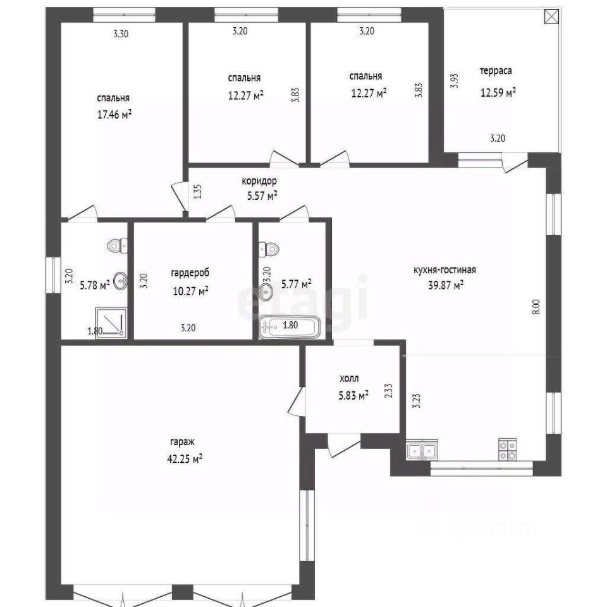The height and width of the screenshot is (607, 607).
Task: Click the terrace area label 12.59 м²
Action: point(498,92)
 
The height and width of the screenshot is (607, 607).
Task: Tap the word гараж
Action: point(182,442)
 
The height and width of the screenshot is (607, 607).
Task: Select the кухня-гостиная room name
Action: point(445,270)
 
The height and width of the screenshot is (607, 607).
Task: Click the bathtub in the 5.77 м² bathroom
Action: point(290,327)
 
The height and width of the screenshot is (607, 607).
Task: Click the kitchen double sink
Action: point(422,450)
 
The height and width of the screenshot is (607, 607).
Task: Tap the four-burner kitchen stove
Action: point(508,450)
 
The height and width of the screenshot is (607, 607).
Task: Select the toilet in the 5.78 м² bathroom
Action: point(118,245)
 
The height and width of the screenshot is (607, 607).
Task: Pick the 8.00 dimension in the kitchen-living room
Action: point(536,307)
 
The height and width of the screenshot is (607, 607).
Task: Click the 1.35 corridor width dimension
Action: point(197,191)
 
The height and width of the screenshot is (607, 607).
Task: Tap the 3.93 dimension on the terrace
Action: point(455,80)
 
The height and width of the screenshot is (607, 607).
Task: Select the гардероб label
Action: point(190,273)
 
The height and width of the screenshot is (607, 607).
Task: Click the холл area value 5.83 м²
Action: point(353,395)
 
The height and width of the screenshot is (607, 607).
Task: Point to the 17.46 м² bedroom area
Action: point(114,114)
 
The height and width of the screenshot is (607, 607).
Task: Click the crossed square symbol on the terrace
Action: point(551,16)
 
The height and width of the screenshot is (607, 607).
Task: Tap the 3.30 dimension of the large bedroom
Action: point(121,34)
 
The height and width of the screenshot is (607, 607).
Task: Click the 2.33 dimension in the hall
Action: point(389,391)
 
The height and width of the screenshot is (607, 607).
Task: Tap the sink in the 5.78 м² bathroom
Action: point(121,280)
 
